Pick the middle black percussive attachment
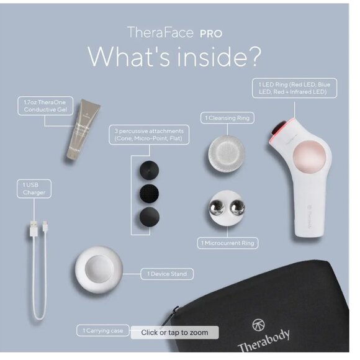tap(149, 192)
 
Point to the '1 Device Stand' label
tap(167, 273)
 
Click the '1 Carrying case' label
tap(103, 331)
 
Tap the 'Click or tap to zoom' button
tap(174, 333)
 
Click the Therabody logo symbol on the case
tap(259, 325)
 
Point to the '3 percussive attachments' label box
tap(150, 135)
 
